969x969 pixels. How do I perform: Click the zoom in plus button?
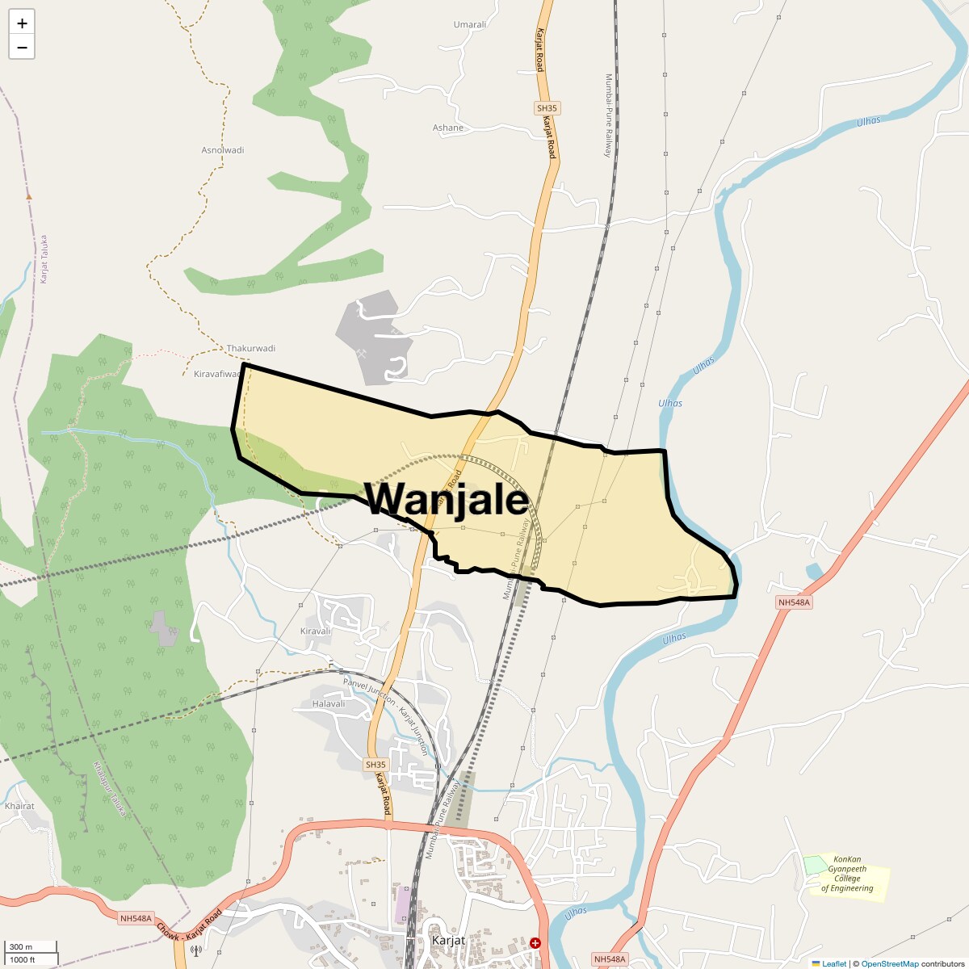click(x=22, y=23)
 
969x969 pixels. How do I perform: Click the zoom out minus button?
click(x=22, y=47)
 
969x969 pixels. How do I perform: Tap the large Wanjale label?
click(x=447, y=499)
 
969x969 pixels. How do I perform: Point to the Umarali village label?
click(x=470, y=24)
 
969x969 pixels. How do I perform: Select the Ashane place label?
click(x=448, y=128)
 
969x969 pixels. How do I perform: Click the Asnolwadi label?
click(x=222, y=150)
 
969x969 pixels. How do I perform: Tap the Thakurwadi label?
click(x=250, y=348)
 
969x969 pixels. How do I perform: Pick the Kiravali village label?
click(x=316, y=631)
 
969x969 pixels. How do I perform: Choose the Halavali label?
click(x=329, y=703)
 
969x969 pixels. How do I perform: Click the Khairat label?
click(x=19, y=806)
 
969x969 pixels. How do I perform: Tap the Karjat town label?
click(x=448, y=941)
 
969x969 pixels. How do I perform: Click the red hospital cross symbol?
click(x=535, y=942)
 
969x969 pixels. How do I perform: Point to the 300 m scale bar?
click(x=31, y=946)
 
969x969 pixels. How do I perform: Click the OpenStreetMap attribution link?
click(x=889, y=963)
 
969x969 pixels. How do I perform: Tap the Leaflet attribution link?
click(x=833, y=963)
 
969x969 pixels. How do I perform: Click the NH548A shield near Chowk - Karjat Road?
click(x=136, y=918)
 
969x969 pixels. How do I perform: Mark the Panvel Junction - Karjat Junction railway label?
click(x=386, y=715)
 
